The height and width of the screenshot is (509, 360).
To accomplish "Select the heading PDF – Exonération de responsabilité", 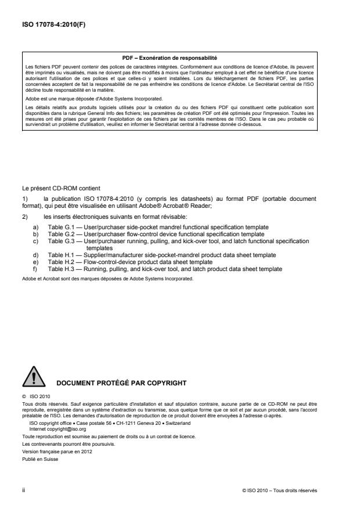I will click(x=170, y=57).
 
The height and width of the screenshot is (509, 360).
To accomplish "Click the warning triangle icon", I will click(x=34, y=378).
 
